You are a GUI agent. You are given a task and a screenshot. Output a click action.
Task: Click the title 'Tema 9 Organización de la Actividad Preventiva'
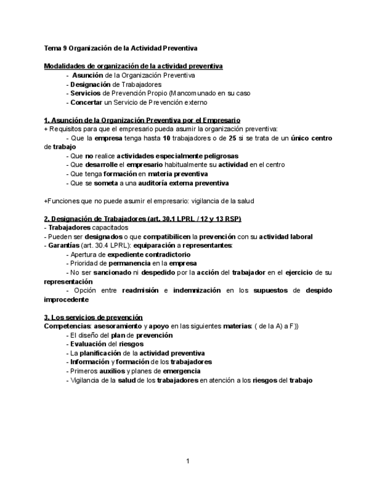[120, 48]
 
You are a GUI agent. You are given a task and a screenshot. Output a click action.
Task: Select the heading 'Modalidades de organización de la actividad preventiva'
[133, 66]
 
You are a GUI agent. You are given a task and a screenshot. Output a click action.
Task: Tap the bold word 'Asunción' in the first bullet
[87, 75]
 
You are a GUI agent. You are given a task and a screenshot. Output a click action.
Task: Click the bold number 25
[233, 138]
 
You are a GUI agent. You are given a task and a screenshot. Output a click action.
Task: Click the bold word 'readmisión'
[140, 291]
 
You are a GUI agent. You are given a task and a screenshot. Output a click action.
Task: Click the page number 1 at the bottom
[188, 461]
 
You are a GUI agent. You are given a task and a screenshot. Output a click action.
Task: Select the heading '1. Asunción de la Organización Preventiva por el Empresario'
[142, 120]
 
